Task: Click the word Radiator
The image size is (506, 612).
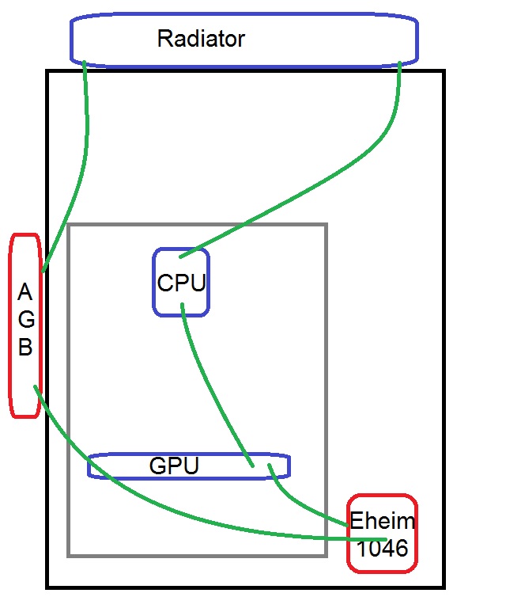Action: point(201,38)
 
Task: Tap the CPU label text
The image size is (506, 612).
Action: point(182,283)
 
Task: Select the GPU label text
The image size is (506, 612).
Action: point(173,467)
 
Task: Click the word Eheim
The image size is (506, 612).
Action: point(382,523)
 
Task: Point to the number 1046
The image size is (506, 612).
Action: point(382,546)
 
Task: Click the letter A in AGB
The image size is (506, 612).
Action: point(25,294)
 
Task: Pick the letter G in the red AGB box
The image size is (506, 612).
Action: point(25,321)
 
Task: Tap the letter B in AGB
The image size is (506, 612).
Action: point(25,348)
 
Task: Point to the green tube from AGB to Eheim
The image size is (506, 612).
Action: point(158,507)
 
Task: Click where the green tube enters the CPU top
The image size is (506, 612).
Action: point(181,256)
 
